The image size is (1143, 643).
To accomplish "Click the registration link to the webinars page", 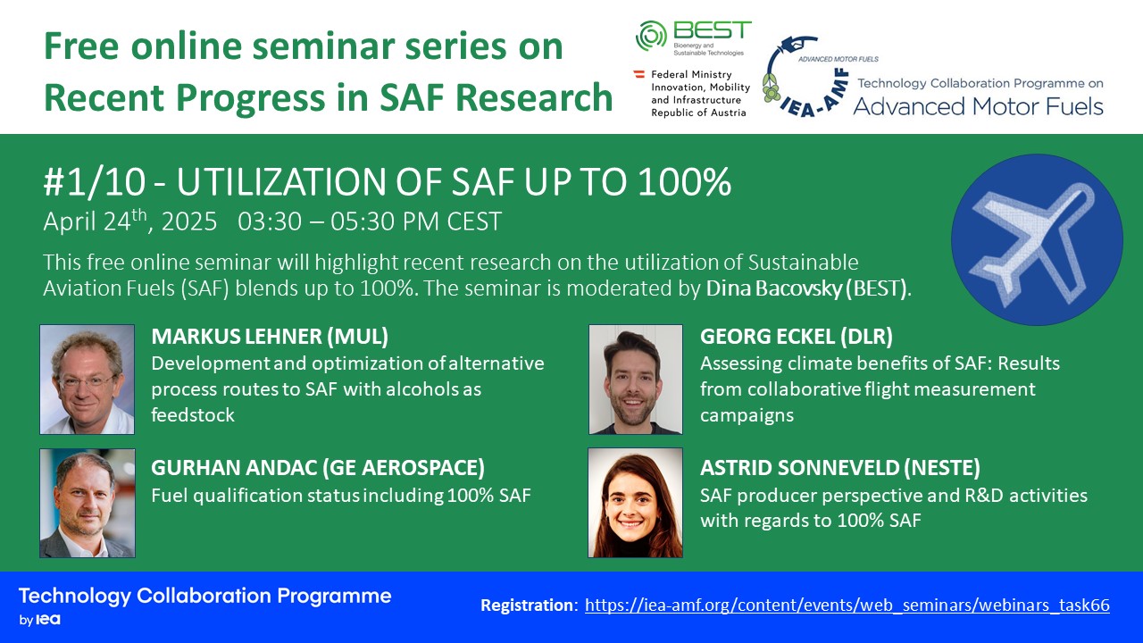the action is pyautogui.click(x=847, y=605).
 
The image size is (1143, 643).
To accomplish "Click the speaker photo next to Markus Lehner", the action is pyautogui.click(x=88, y=380).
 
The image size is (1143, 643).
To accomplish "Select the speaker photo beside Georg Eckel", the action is pyautogui.click(x=635, y=380).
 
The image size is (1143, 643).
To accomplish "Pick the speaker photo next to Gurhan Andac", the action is pyautogui.click(x=88, y=503).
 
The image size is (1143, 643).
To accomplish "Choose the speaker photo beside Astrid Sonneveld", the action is pyautogui.click(x=635, y=503).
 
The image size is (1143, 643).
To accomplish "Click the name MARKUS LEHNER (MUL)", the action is pyautogui.click(x=270, y=337).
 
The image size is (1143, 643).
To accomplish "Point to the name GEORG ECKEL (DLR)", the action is pyautogui.click(x=796, y=337).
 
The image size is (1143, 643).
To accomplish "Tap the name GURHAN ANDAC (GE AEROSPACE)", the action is pyautogui.click(x=318, y=468).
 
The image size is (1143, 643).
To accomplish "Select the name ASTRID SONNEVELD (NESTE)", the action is pyautogui.click(x=840, y=468).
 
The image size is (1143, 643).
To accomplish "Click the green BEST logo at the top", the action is pyautogui.click(x=694, y=38).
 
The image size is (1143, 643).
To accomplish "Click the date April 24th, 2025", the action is pyautogui.click(x=130, y=221).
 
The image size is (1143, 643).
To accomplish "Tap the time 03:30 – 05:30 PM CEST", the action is pyautogui.click(x=370, y=221).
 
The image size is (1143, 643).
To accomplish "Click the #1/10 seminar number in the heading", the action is pyautogui.click(x=95, y=182).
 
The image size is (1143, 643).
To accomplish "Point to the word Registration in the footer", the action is pyautogui.click(x=527, y=605).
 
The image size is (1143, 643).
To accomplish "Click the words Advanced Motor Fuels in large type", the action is pyautogui.click(x=978, y=106).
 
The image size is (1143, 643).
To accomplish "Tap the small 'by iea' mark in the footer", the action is pyautogui.click(x=40, y=620).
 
